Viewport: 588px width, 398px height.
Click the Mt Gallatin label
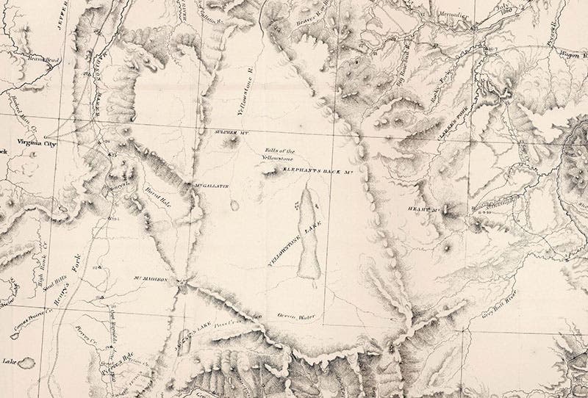212,186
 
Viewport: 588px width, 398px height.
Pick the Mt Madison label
152,280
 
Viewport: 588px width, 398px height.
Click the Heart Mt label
423,209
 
